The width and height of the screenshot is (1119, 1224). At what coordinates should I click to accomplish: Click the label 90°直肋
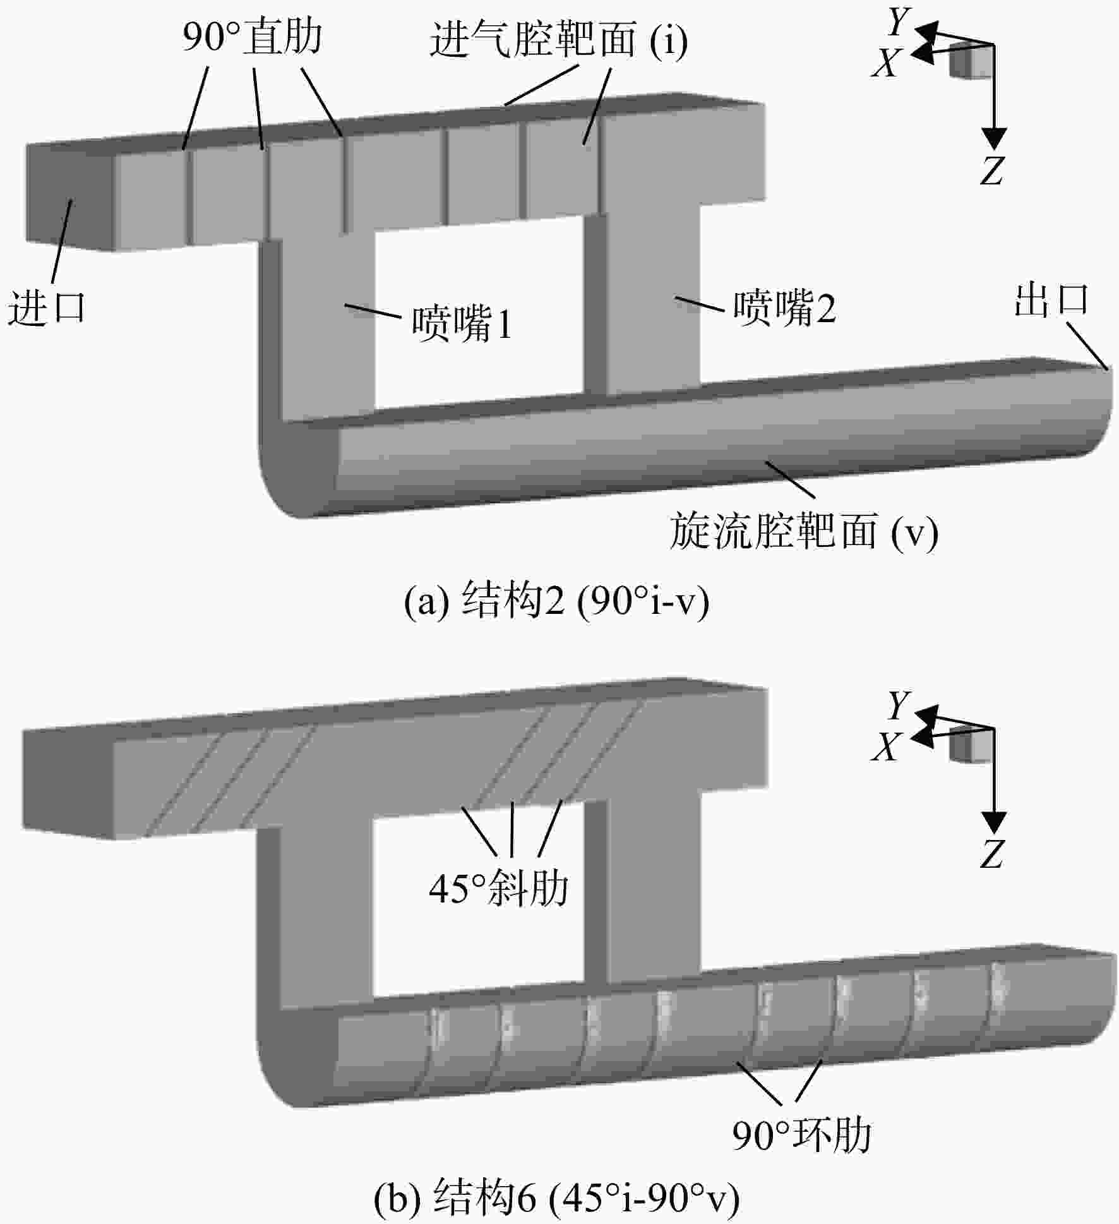click(x=252, y=37)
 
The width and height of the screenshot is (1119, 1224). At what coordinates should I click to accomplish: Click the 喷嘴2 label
click(x=784, y=308)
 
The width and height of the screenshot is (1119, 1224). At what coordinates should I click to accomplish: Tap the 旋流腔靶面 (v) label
click(x=804, y=531)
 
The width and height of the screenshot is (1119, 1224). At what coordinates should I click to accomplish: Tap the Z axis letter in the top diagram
click(x=991, y=169)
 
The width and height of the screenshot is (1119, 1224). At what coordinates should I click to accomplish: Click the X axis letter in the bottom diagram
click(x=885, y=747)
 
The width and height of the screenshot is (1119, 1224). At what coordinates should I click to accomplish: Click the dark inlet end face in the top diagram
click(x=69, y=196)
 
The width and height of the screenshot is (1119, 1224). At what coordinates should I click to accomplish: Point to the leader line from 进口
click(x=62, y=241)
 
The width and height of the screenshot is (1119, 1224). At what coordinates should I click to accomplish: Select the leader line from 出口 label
click(x=1087, y=345)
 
